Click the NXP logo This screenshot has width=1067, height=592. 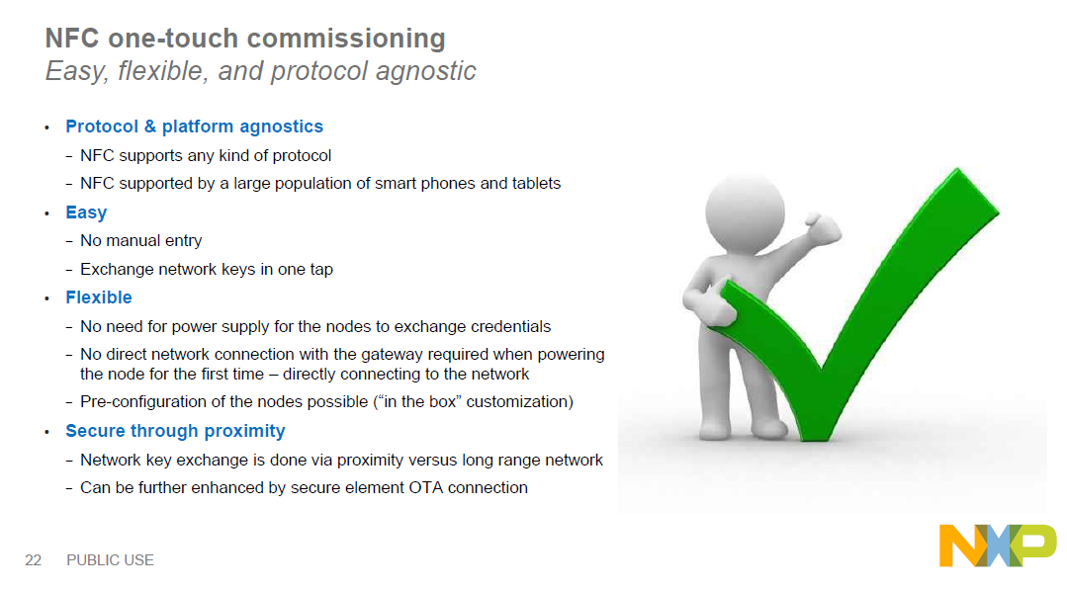point(998,545)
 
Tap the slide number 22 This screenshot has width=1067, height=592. point(34,560)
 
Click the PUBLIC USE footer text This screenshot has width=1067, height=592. point(110,560)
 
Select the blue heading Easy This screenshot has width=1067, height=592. point(86,212)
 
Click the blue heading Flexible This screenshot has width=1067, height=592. point(99,297)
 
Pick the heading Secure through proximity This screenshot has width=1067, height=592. point(176,431)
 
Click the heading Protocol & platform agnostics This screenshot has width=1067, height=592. point(195,127)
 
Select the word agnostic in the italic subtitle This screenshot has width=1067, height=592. point(426,71)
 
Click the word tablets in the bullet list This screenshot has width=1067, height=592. point(537,183)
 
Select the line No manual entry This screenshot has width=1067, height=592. point(140,241)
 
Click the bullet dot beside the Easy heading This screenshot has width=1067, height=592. point(46,213)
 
